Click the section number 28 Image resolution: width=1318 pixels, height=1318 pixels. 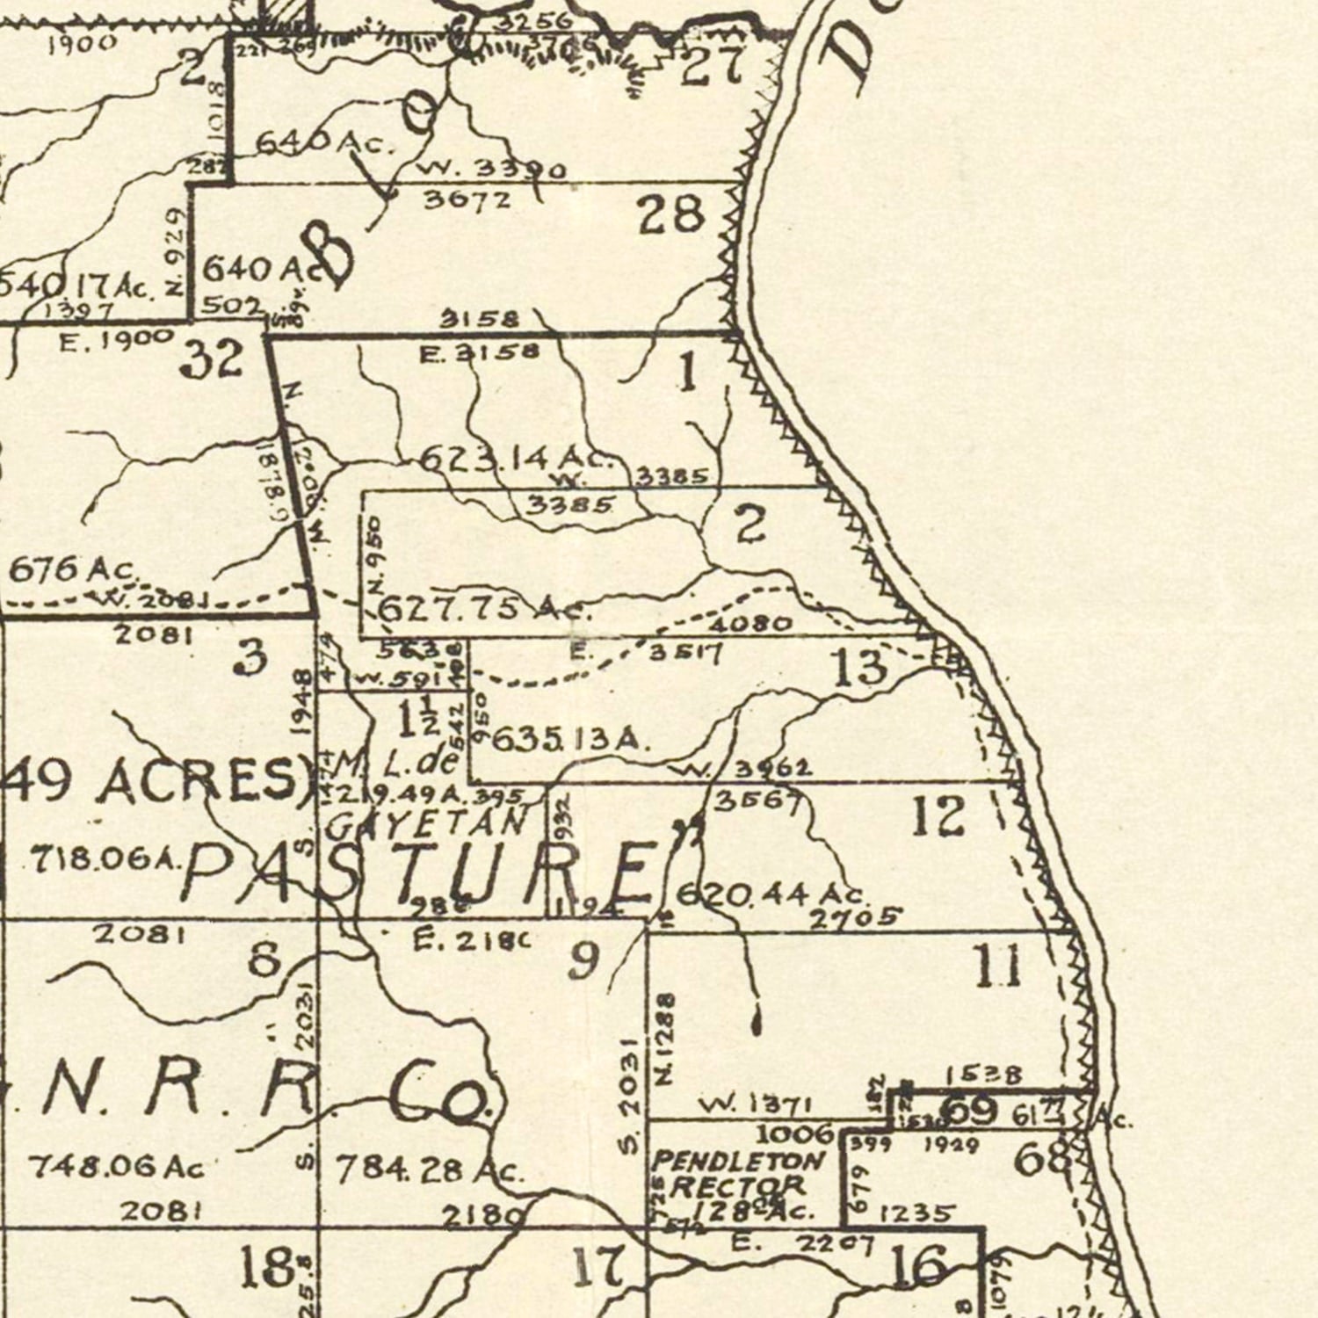671,215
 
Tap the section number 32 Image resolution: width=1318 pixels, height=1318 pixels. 212,358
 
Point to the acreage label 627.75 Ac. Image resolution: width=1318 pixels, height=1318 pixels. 484,608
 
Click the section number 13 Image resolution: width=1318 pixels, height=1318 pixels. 859,667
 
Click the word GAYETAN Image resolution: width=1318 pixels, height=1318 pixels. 426,822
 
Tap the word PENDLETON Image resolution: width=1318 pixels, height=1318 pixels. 738,1161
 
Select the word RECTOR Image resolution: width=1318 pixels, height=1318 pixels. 738,1185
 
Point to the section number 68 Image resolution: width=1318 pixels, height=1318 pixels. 1043,1159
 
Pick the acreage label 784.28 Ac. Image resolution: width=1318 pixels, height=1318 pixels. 430,1170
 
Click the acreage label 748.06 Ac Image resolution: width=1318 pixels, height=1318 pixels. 116,1167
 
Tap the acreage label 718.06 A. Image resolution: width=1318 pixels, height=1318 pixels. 105,858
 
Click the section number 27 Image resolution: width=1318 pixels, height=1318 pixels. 713,67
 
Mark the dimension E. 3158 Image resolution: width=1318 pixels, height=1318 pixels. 481,353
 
